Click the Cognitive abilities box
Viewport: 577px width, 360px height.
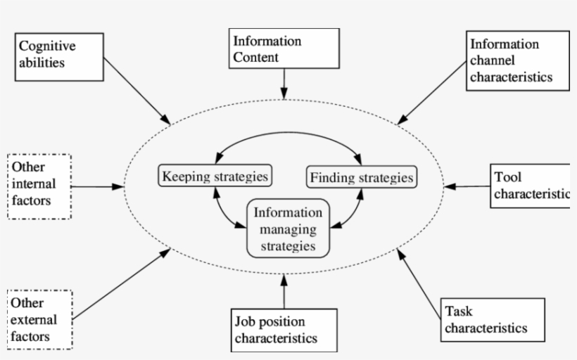click(56, 54)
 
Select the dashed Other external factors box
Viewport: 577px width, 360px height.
click(40, 319)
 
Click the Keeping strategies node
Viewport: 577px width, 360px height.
click(215, 176)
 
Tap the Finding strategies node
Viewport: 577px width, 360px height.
click(362, 176)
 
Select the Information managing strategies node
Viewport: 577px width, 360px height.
click(288, 229)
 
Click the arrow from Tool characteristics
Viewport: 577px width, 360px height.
click(468, 187)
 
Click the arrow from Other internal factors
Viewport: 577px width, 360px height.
click(97, 186)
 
